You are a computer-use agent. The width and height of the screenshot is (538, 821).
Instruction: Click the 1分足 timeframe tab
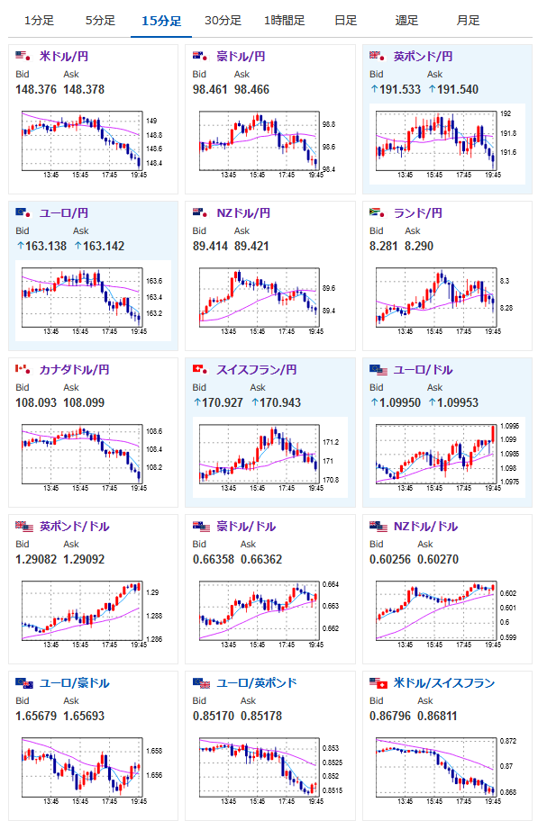pyautogui.click(x=39, y=21)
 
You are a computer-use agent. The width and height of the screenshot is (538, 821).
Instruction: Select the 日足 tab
pyautogui.click(x=345, y=21)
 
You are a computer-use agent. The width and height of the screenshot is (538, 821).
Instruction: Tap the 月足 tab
pyautogui.click(x=468, y=21)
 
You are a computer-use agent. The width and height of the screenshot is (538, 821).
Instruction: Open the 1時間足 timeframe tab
pyautogui.click(x=284, y=21)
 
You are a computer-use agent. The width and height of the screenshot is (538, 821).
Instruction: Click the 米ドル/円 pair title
pyautogui.click(x=63, y=56)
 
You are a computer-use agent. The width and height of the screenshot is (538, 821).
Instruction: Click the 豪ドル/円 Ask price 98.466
pyautogui.click(x=251, y=89)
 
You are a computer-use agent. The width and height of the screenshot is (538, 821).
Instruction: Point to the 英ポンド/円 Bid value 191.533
pyautogui.click(x=400, y=89)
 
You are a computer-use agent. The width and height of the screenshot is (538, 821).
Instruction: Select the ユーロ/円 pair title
pyautogui.click(x=63, y=213)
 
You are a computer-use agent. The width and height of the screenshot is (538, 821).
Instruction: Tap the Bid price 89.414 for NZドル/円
pyautogui.click(x=210, y=246)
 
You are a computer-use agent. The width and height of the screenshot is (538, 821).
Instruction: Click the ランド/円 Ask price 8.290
pyautogui.click(x=419, y=246)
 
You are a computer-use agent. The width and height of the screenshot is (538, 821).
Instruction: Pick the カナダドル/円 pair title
pyautogui.click(x=75, y=370)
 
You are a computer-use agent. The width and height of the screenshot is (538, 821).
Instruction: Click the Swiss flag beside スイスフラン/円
pyautogui.click(x=200, y=369)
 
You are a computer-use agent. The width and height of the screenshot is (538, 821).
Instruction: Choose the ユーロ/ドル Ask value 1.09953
pyautogui.click(x=458, y=402)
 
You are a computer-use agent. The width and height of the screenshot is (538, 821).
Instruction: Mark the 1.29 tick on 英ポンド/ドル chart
pyautogui.click(x=152, y=592)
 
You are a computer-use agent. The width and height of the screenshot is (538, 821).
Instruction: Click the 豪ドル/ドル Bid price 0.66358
pyautogui.click(x=214, y=559)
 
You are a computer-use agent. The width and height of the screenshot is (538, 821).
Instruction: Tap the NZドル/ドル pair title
pyautogui.click(x=425, y=527)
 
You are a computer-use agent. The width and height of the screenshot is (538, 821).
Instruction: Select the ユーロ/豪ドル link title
pyautogui.click(x=75, y=682)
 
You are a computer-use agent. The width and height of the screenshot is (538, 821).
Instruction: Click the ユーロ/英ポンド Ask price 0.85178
pyautogui.click(x=261, y=716)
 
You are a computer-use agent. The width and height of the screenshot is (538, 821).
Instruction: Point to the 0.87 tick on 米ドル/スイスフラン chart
pyautogui.click(x=506, y=766)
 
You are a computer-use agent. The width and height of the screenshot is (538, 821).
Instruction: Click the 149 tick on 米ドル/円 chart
pyautogui.click(x=151, y=121)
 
